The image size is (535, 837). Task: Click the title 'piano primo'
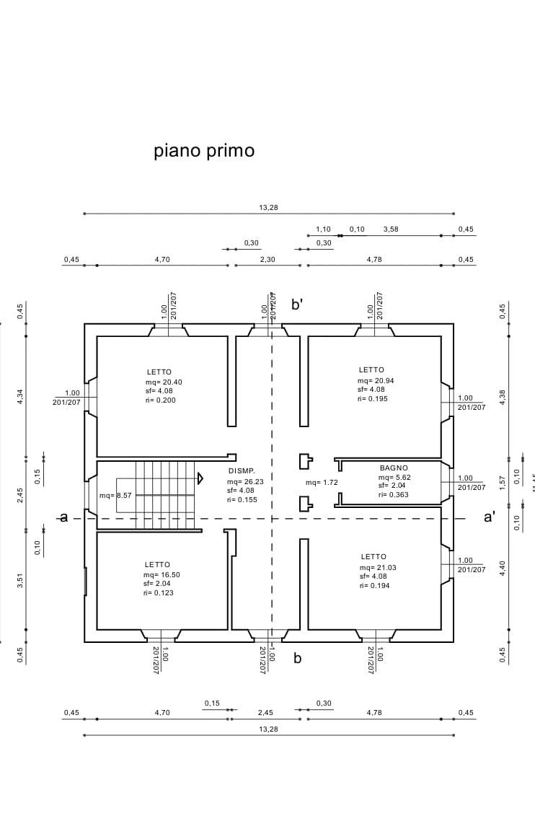(204, 151)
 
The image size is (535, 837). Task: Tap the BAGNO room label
(394, 468)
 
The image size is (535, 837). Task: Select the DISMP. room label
(242, 470)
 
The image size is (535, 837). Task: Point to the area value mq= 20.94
(376, 380)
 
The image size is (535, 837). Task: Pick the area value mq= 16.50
(161, 574)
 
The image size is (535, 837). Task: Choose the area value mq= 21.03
(378, 567)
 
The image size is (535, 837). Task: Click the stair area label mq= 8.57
(115, 496)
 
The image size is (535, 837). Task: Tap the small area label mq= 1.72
(322, 482)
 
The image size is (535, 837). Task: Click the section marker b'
(297, 304)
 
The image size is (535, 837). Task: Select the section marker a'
(490, 517)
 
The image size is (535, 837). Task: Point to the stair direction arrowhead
(200, 478)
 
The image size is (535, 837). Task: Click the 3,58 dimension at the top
(391, 229)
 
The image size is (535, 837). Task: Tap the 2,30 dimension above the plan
(267, 259)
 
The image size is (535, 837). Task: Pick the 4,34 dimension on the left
(20, 396)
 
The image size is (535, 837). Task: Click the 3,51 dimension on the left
(20, 581)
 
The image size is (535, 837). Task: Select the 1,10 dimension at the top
(323, 229)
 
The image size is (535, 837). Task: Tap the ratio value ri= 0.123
(159, 592)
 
